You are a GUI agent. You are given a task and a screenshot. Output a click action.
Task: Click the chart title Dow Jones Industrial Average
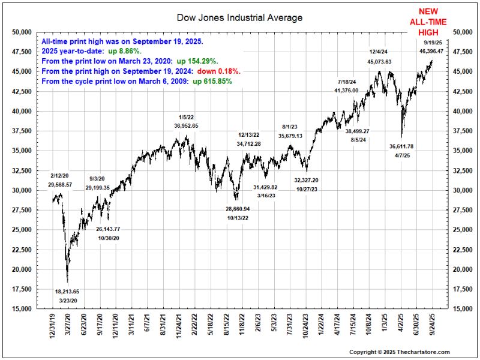point(240,17)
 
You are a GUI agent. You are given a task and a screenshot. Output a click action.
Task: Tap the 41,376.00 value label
point(346,90)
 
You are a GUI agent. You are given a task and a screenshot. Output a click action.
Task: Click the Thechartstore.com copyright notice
point(399,352)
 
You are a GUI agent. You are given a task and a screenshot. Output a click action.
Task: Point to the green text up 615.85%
point(212,80)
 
